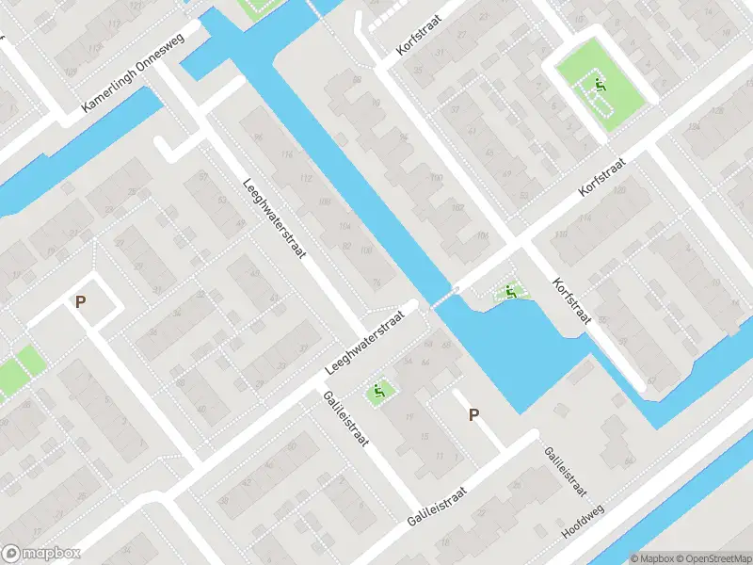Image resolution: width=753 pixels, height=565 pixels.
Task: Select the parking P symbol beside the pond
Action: (473, 414)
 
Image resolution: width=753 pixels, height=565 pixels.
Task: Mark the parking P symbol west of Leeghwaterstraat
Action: (81, 302)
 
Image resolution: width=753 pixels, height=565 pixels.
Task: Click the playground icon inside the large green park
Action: (599, 87)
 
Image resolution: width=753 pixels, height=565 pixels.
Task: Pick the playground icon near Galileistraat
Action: (378, 391)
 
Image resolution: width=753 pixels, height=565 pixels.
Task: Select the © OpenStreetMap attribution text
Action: (707, 558)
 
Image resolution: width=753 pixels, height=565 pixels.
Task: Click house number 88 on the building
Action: (357, 79)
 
